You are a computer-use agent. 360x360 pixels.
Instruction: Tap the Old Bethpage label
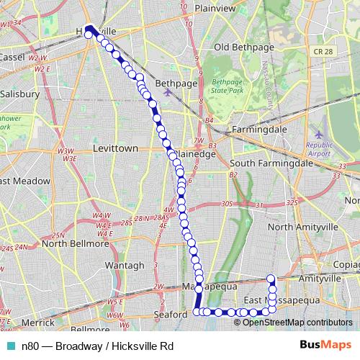coord(242,48)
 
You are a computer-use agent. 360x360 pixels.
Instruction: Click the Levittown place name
coord(115,148)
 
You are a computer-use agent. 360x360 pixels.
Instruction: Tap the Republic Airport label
coord(319,149)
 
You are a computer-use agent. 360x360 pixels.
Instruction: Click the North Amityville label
coord(302,227)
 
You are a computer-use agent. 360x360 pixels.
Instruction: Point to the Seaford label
coord(171,315)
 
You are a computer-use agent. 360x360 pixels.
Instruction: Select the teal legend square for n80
coord(10,346)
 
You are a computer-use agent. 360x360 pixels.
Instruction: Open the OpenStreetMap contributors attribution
coord(297,322)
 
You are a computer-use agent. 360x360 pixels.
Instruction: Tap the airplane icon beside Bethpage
coord(168,91)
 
